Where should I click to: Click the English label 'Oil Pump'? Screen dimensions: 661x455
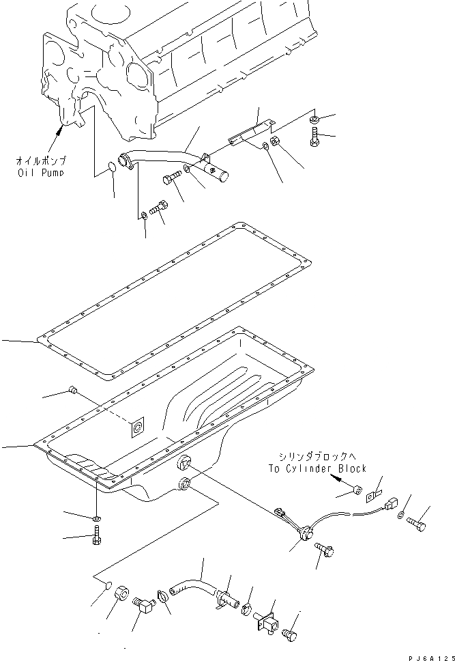[x=42, y=173]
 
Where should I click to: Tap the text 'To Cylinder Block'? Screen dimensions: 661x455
[x=317, y=468]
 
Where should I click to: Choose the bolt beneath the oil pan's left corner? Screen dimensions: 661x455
[x=96, y=539]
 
